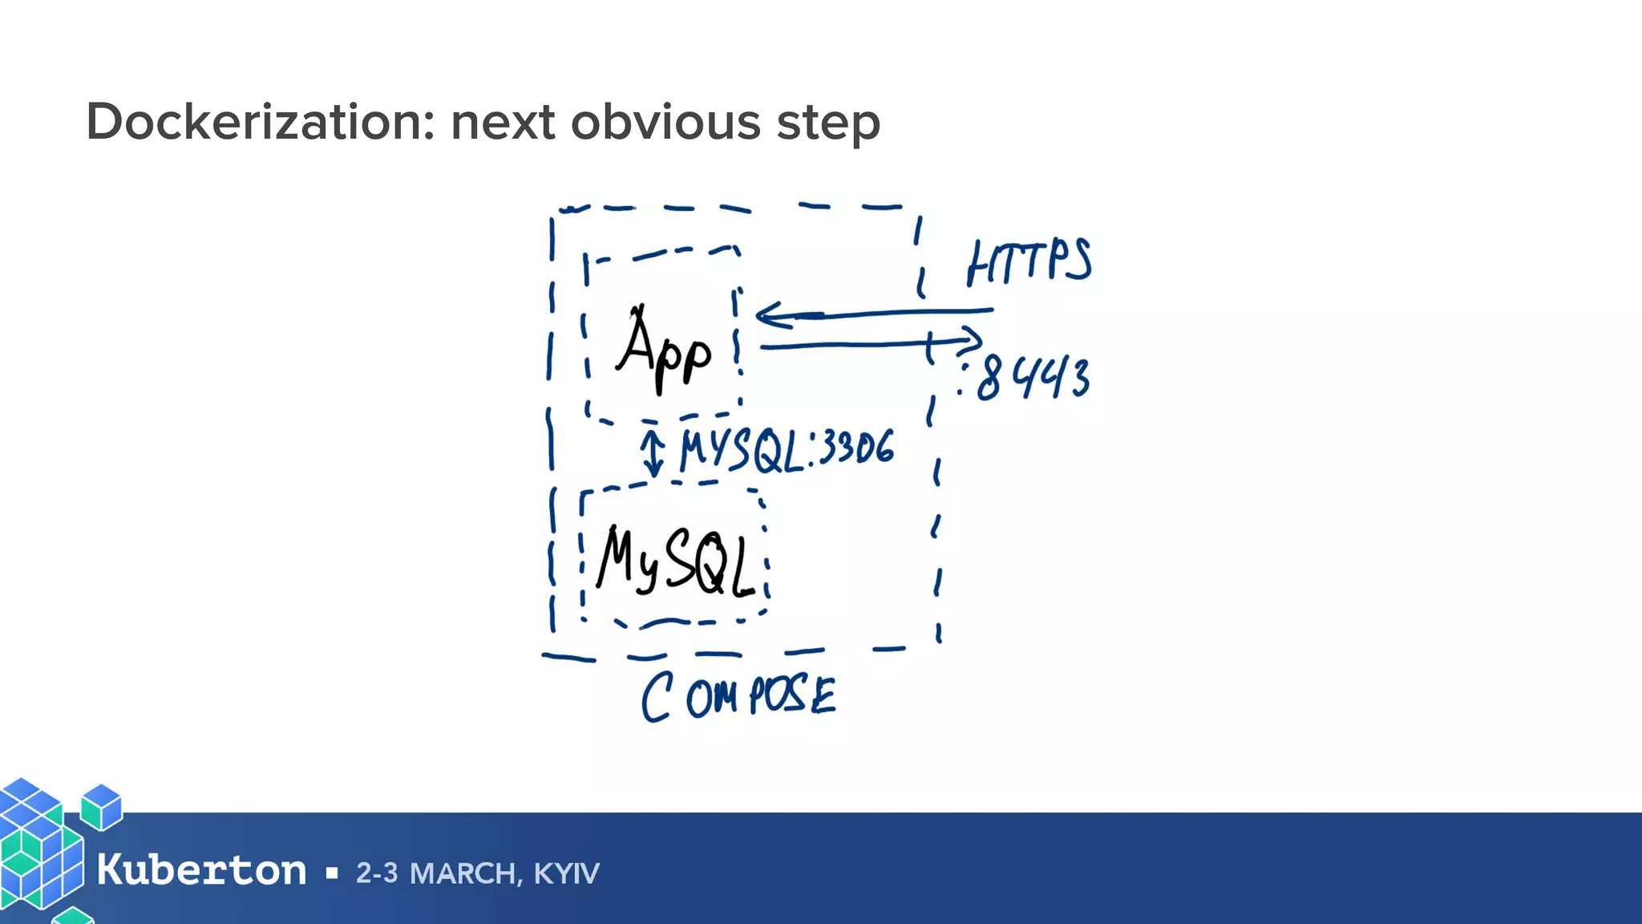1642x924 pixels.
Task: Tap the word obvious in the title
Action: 665,122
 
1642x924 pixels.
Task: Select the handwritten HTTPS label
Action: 1029,262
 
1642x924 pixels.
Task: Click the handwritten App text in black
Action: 664,351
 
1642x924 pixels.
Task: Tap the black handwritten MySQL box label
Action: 676,561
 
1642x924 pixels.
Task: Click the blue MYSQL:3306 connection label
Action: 786,450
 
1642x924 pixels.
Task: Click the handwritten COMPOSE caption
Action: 738,696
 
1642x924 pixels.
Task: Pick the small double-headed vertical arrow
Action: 653,452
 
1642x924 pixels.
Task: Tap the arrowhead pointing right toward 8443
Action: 973,339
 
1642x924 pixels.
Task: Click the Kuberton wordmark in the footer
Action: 201,871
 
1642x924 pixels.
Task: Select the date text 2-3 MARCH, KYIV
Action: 477,873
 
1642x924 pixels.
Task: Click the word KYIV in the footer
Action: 566,873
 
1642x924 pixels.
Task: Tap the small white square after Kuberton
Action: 332,873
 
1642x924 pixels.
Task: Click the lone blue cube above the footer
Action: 102,806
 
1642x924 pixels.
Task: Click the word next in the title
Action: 503,122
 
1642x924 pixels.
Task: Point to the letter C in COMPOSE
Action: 656,698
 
